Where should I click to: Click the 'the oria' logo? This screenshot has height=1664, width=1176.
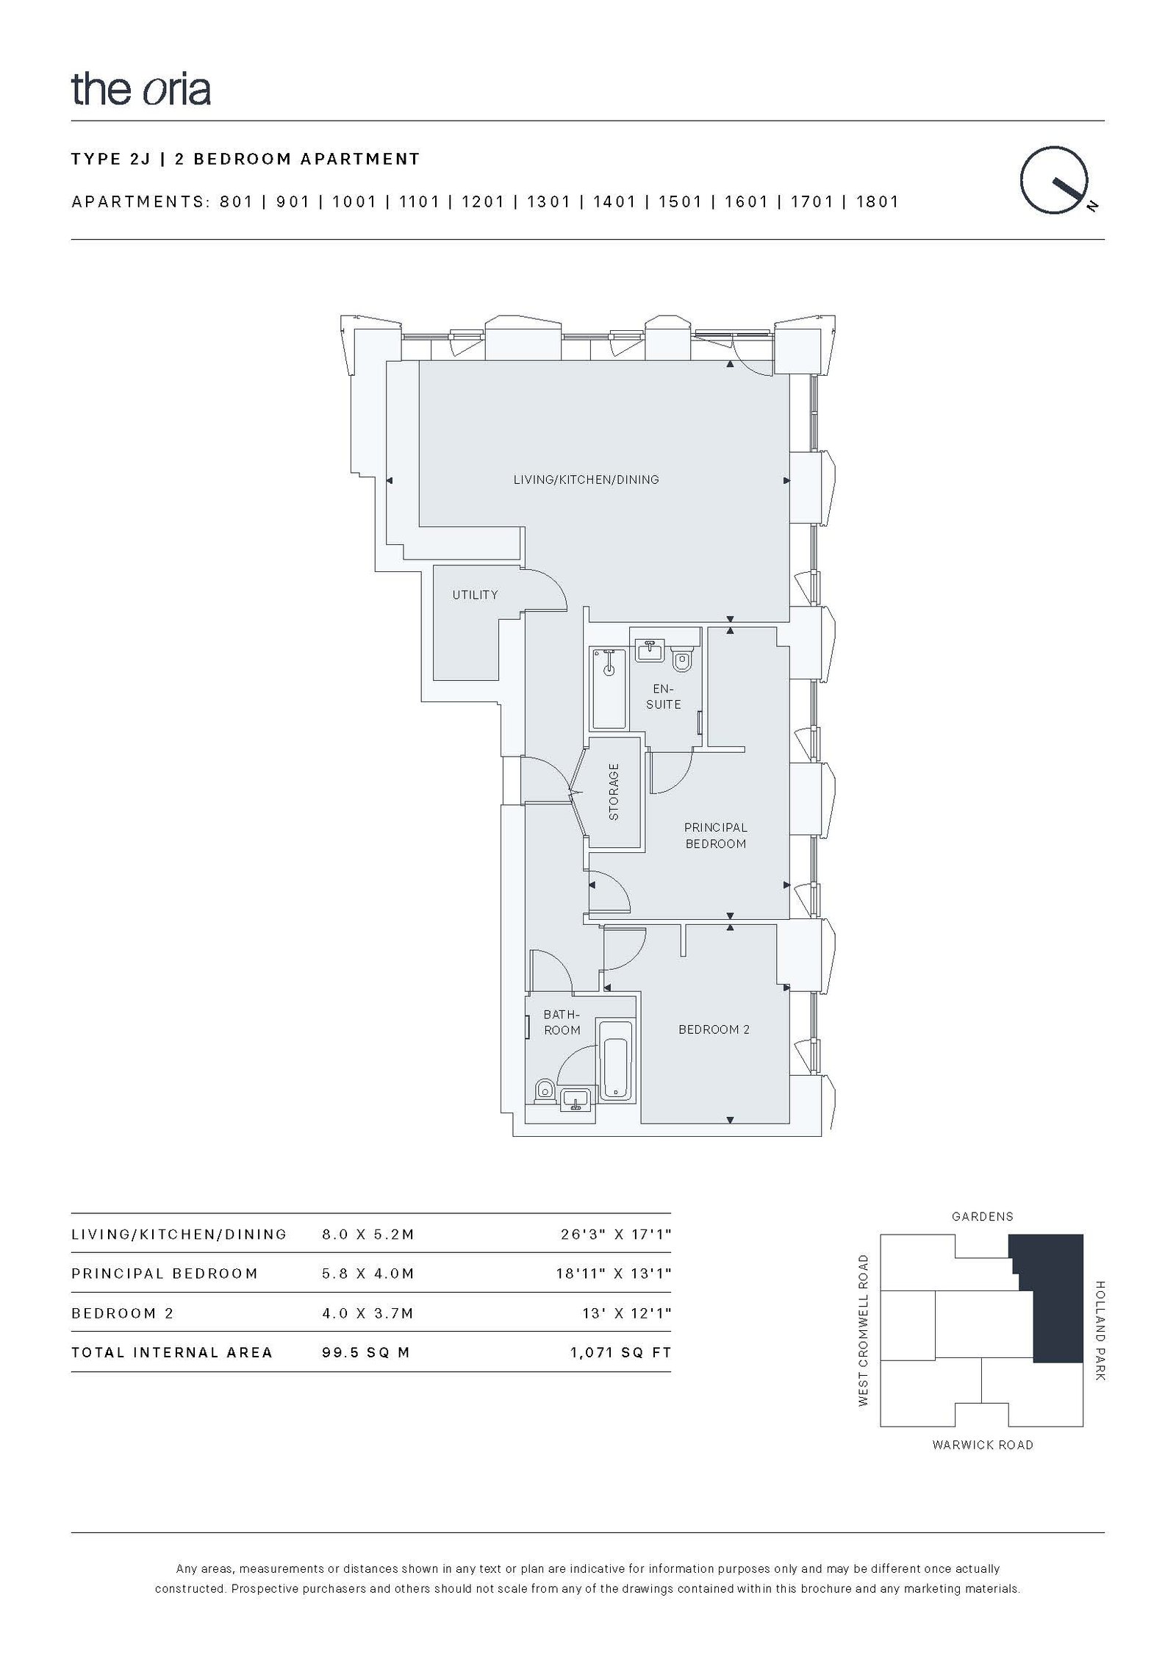coord(141,89)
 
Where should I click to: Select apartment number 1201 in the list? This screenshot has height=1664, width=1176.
coord(482,202)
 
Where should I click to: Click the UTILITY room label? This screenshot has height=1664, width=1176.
coord(475,595)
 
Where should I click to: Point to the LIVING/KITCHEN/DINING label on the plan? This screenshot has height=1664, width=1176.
coord(586,479)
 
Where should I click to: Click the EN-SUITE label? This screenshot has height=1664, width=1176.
coord(663,696)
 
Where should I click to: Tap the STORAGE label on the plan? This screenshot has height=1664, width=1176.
coord(614,792)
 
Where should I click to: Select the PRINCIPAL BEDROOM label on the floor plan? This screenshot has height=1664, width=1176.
coord(715,835)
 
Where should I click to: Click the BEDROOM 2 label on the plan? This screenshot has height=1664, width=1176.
coord(714,1029)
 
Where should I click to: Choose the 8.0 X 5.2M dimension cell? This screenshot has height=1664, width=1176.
coord(368,1235)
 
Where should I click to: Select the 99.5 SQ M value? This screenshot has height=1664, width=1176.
coord(366,1352)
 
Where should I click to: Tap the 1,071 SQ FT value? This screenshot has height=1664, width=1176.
coord(621,1352)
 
